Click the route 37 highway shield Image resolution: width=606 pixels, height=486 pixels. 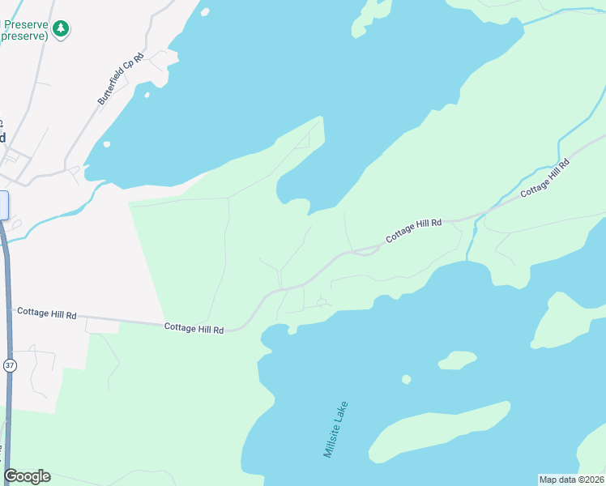pos(9,364)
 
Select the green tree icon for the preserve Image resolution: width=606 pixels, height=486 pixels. pos(60,29)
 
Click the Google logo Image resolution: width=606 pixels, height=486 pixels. pos(27,476)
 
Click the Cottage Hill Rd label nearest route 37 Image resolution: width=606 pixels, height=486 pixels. pos(46,313)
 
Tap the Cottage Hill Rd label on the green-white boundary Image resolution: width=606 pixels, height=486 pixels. pos(194,327)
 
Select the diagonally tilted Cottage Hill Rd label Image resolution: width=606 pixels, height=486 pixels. pos(545,179)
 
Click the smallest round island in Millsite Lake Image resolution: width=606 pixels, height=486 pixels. pos(406,379)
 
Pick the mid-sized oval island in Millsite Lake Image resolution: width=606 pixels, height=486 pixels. pos(457,359)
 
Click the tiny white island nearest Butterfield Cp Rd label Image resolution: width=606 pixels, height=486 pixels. pos(147,95)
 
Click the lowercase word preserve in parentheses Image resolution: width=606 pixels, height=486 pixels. pos(24,36)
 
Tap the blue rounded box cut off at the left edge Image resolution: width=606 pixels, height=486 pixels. pos(3,205)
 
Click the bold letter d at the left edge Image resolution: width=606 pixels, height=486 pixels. pos(3,137)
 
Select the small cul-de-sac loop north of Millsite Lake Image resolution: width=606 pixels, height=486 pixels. pos(322,303)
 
